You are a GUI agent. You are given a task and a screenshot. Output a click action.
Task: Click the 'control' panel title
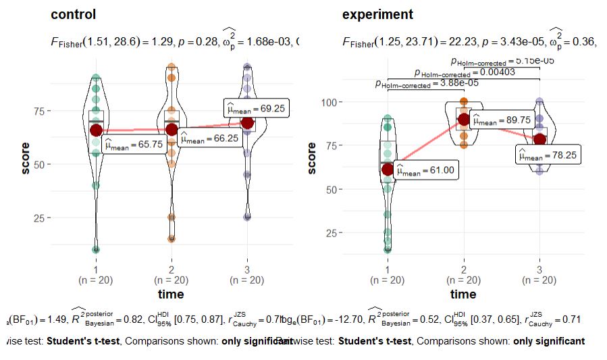tap(74, 14)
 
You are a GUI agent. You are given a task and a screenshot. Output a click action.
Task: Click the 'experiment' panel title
tap(378, 14)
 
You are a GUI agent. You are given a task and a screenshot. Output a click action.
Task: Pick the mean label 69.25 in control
tap(257, 107)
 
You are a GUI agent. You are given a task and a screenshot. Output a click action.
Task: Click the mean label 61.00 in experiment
tap(427, 172)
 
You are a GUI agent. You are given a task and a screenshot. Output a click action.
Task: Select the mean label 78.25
tap(548, 155)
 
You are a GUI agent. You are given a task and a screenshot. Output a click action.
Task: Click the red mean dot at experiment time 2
tap(464, 120)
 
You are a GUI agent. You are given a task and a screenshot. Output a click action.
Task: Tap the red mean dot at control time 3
tap(248, 123)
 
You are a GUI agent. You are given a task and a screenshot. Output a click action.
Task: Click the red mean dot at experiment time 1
tap(388, 169)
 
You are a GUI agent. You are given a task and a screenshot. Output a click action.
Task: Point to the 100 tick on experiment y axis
tap(327, 102)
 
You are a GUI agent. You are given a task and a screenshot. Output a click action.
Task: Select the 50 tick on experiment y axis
tap(329, 189)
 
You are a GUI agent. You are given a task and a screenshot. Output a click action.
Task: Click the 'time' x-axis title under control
tap(171, 294)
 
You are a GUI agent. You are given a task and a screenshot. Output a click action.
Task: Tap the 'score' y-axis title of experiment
tap(311, 157)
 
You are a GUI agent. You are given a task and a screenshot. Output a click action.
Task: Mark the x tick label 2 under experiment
tap(464, 269)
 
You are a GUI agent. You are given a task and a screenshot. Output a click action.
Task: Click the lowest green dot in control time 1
tap(96, 249)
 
